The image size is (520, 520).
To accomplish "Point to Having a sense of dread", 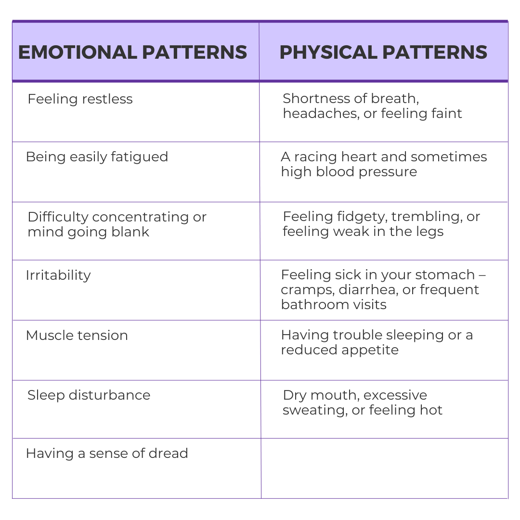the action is pos(107,454).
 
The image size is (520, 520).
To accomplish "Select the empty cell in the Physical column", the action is pos(384,468).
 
